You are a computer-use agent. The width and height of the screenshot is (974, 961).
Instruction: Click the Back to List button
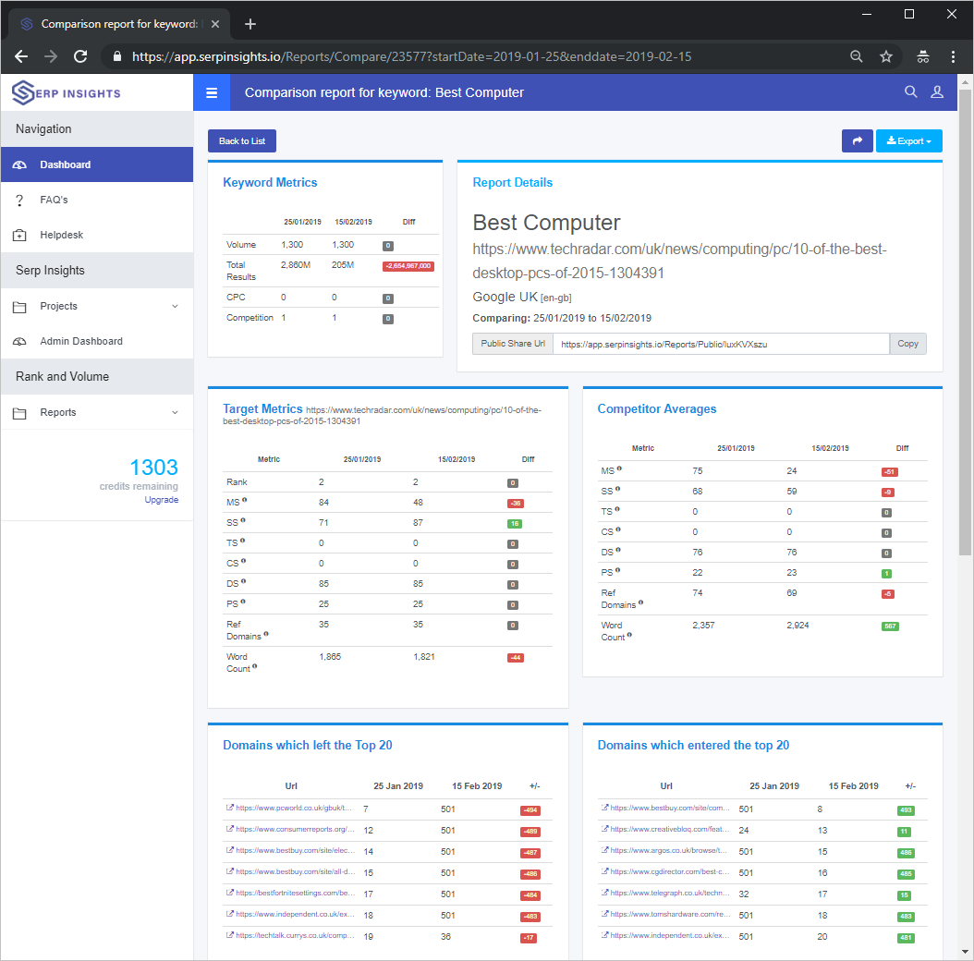(x=242, y=140)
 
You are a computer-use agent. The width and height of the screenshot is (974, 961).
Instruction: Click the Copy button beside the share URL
(x=907, y=344)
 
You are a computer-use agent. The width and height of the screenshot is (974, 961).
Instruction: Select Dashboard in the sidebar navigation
(x=65, y=164)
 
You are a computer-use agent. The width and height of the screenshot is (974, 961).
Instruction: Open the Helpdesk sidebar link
(x=61, y=235)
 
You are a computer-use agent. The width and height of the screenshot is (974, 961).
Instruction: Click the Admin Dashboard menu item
(x=81, y=341)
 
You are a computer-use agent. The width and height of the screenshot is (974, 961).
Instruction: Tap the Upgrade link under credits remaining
(x=162, y=500)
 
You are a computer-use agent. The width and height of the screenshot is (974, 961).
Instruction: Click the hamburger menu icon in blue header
(x=212, y=92)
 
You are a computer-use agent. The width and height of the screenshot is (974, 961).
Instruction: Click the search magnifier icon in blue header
(x=910, y=92)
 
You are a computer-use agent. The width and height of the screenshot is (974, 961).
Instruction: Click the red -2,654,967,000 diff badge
(x=408, y=266)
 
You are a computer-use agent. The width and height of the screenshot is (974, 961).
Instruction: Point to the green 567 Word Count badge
(x=890, y=626)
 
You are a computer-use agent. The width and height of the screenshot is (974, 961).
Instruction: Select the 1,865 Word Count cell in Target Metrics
(x=330, y=657)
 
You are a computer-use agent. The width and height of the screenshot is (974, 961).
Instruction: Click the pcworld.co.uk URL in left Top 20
(x=295, y=809)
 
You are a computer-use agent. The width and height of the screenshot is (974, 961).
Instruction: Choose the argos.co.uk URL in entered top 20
(x=669, y=851)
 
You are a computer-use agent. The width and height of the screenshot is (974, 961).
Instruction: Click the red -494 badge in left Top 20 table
(x=530, y=810)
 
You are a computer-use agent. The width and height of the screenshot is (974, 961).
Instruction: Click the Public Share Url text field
(x=721, y=344)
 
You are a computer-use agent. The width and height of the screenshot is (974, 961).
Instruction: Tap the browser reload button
(x=80, y=56)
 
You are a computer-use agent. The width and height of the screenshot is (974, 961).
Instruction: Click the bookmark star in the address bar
(x=886, y=56)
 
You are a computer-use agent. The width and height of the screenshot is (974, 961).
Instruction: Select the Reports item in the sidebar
(x=58, y=412)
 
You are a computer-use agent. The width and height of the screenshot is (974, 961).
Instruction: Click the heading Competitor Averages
(x=657, y=408)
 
